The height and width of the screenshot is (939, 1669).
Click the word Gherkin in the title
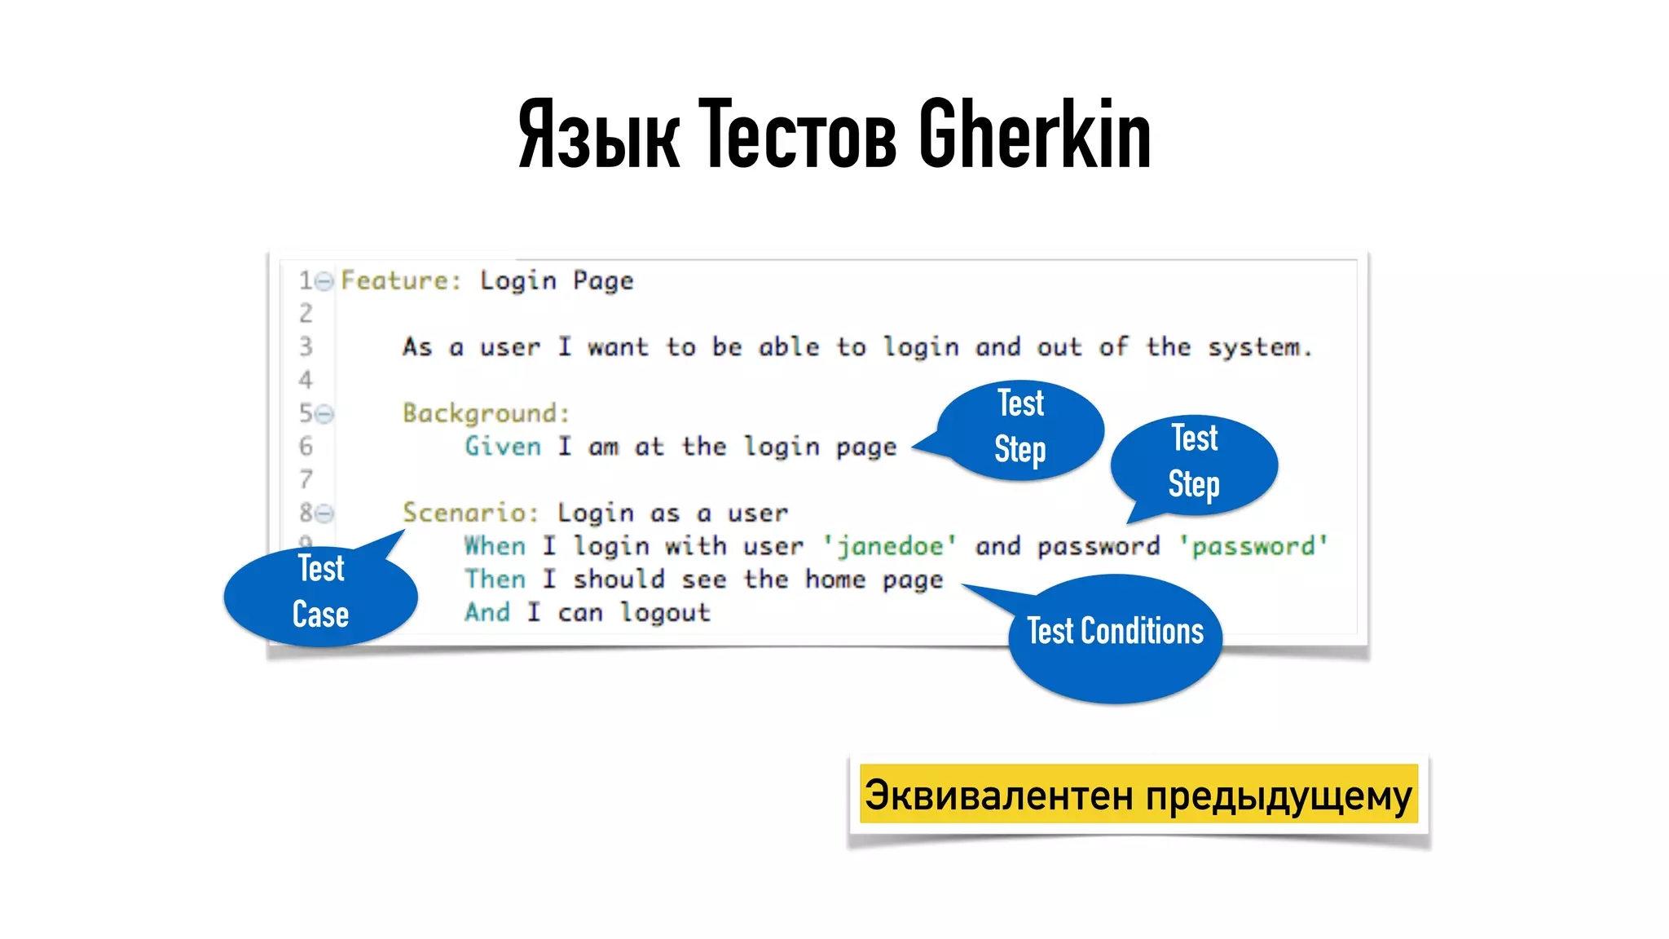coord(1035,134)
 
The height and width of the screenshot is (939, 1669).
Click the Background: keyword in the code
coord(486,413)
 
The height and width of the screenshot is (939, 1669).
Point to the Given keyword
coord(503,447)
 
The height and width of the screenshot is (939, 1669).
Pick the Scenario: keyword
coord(470,513)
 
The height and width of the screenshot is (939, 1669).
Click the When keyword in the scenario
coord(495,546)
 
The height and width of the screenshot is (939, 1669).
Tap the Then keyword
coord(495,580)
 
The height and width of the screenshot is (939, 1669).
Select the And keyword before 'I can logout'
coord(487,612)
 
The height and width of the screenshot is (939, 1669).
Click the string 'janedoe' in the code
coord(890,546)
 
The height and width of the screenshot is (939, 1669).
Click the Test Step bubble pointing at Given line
coord(1020,427)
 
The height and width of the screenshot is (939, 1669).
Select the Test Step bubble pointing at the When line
coord(1194,462)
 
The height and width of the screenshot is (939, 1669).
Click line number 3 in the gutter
coord(306,347)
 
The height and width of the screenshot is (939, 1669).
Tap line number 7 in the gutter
coord(306,479)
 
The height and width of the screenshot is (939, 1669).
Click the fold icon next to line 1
coord(324,282)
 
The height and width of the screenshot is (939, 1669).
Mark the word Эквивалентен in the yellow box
coord(998,796)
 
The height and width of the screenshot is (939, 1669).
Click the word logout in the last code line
coord(665,612)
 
